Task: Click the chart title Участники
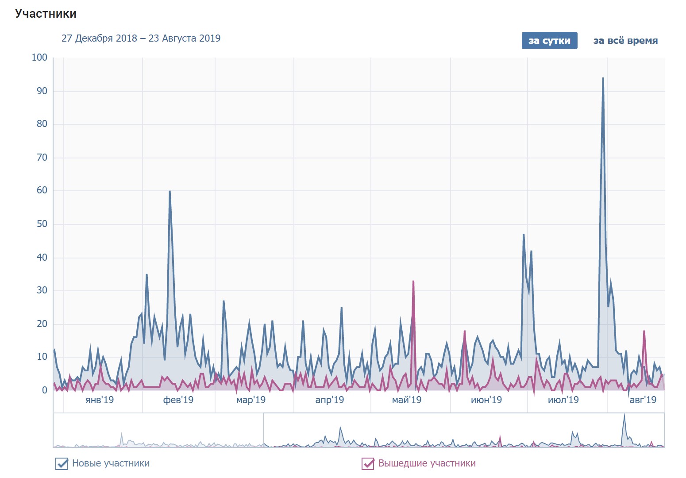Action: coord(46,14)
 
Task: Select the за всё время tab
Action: coord(625,41)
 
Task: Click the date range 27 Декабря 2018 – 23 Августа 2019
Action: coord(141,38)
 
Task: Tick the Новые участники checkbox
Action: coord(61,463)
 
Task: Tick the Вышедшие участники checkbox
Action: coord(368,463)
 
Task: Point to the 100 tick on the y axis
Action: coord(39,58)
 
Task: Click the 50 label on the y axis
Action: coord(42,224)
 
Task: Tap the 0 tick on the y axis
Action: coord(44,390)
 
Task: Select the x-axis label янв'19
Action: coord(99,400)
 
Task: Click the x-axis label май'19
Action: coord(406,400)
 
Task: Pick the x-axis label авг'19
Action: coord(643,400)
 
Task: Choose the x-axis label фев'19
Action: coord(178,400)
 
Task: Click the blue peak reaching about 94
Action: coord(603,78)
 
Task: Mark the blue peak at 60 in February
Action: coord(170,191)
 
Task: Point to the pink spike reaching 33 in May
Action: coord(413,281)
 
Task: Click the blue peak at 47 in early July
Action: coord(524,235)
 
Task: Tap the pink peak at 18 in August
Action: coord(644,331)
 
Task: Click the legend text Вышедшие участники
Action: coord(427,463)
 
